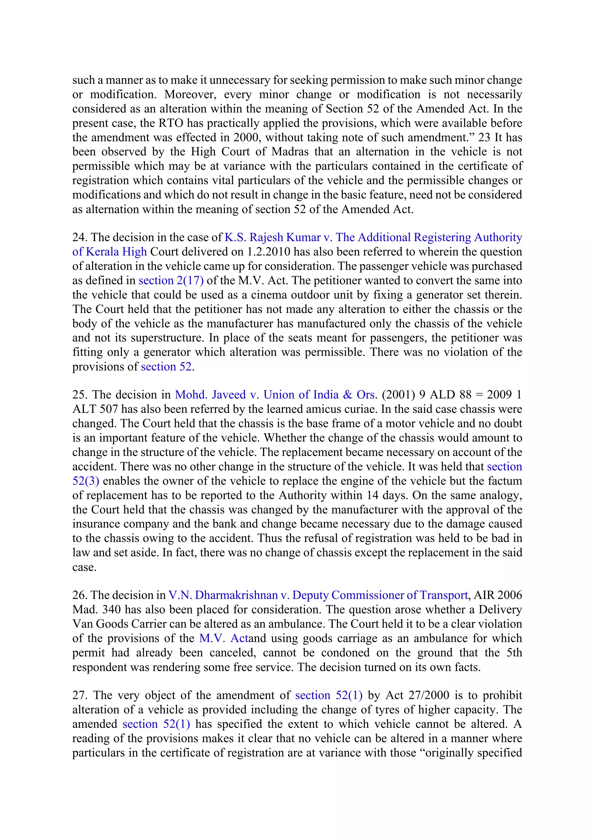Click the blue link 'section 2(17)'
coord(171,280)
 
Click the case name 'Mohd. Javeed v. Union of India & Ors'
coord(275,395)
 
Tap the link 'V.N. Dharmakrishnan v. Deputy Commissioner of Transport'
coord(318,595)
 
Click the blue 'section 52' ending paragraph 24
coord(166,367)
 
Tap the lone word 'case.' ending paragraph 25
coord(84,567)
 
